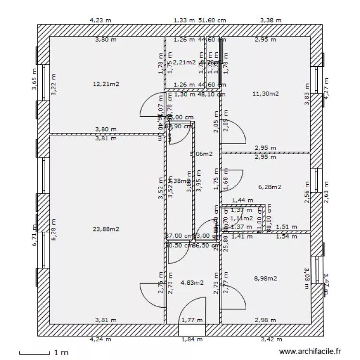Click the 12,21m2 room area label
pos(106,84)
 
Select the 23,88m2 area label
pos(106,229)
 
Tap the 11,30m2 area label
pos(265,94)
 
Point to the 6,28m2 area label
pos(269,187)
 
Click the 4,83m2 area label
pos(192,283)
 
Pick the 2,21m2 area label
pos(185,62)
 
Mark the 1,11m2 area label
pos(241,218)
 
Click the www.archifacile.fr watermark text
pos(312,352)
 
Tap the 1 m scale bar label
pos(61,352)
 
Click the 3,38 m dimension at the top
pos(271,20)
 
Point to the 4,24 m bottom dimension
pos(100,339)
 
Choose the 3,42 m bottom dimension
pos(271,339)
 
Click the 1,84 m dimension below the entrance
pos(192,339)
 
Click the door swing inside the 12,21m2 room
pos(153,105)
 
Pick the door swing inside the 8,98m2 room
pos(233,298)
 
